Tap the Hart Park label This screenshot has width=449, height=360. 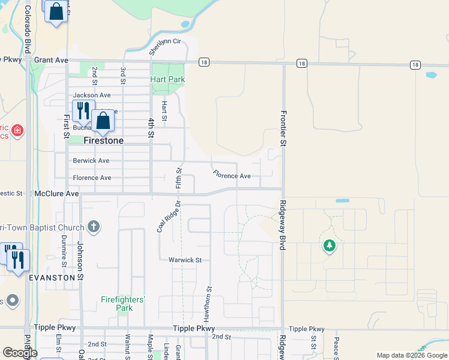(x=167, y=79)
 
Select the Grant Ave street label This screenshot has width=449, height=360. (x=52, y=60)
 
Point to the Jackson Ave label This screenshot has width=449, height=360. (x=92, y=95)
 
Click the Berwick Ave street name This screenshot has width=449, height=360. (x=91, y=160)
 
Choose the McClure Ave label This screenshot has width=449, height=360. (x=57, y=194)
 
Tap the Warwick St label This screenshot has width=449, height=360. (x=185, y=260)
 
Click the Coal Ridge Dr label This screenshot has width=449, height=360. (x=169, y=217)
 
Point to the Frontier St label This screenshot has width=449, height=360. (x=282, y=128)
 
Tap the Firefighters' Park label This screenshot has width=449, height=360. (x=124, y=304)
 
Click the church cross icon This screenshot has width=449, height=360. (x=92, y=226)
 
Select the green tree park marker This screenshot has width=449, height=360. (x=329, y=245)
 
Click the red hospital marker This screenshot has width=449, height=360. (x=17, y=129)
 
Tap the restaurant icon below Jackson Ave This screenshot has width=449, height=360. (x=83, y=110)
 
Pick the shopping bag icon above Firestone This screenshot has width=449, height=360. (x=103, y=121)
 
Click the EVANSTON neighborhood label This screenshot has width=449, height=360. (x=52, y=278)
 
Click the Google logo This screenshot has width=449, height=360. (x=20, y=353)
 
